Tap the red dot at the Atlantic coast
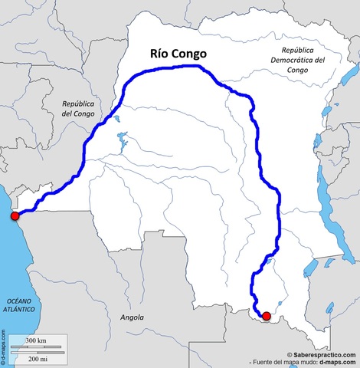click(x=15, y=216)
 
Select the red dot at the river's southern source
click(x=266, y=316)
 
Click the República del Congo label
click(x=78, y=107)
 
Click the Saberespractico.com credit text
click(x=321, y=354)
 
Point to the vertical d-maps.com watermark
click(x=4, y=349)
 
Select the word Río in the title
click(x=160, y=54)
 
